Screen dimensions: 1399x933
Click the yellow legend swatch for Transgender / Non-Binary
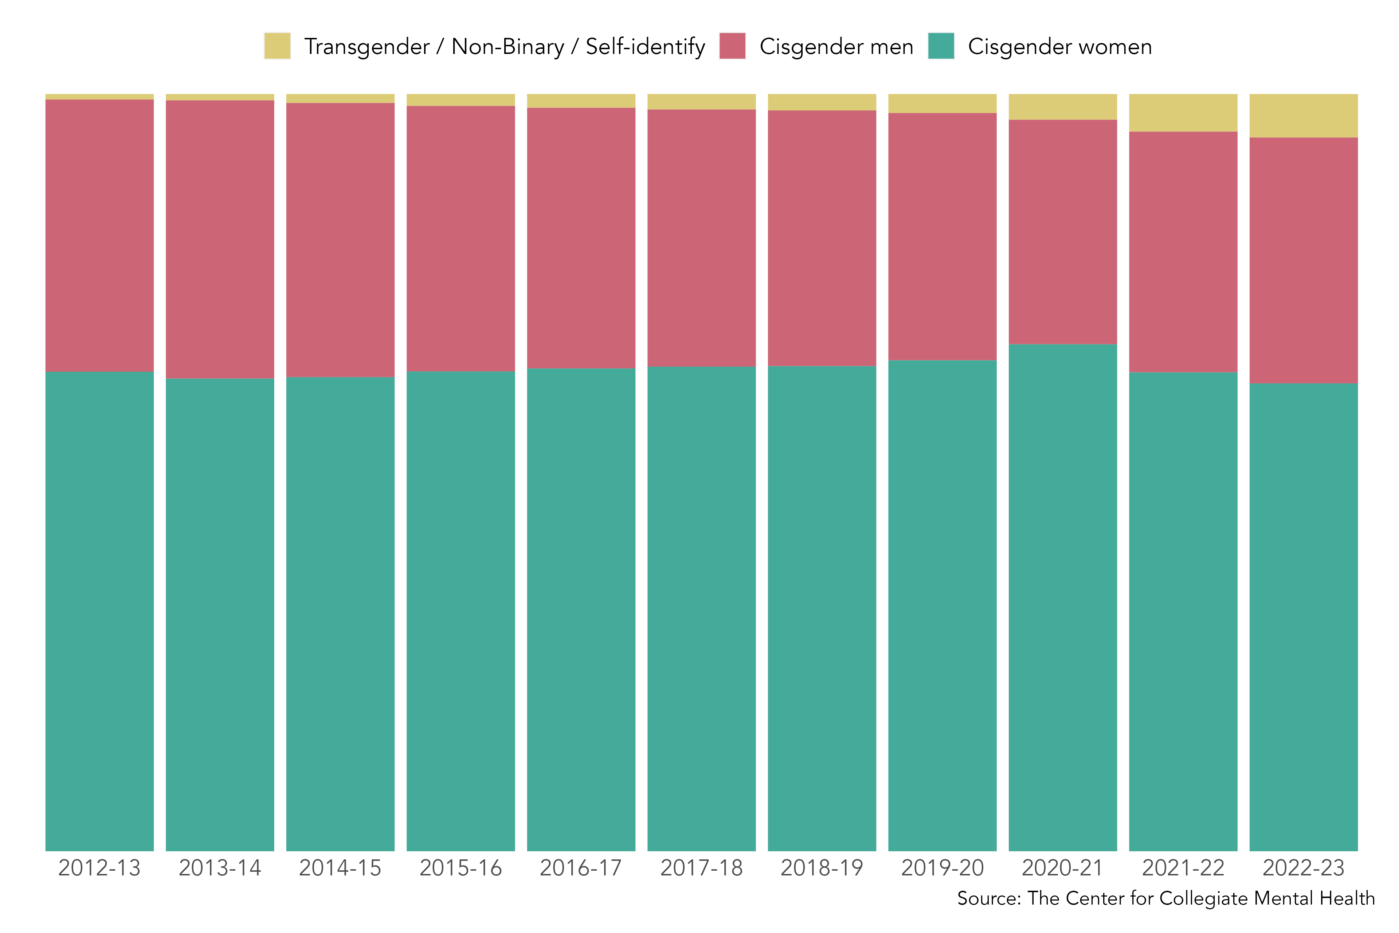point(277,46)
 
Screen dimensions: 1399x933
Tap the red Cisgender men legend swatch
point(732,46)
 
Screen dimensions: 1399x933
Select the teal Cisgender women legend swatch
point(941,46)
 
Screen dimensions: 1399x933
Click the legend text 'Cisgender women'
point(1060,46)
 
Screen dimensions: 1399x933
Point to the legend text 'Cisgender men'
point(836,46)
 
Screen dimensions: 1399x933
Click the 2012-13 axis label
point(99,868)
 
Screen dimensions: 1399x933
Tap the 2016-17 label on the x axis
point(581,868)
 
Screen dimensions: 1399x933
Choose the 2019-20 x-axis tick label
point(942,868)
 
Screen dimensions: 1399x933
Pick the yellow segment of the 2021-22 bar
point(1183,113)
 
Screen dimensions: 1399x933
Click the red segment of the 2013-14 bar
point(220,239)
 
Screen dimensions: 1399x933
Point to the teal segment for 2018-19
point(822,609)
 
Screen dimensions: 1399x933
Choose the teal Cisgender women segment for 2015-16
point(461,611)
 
